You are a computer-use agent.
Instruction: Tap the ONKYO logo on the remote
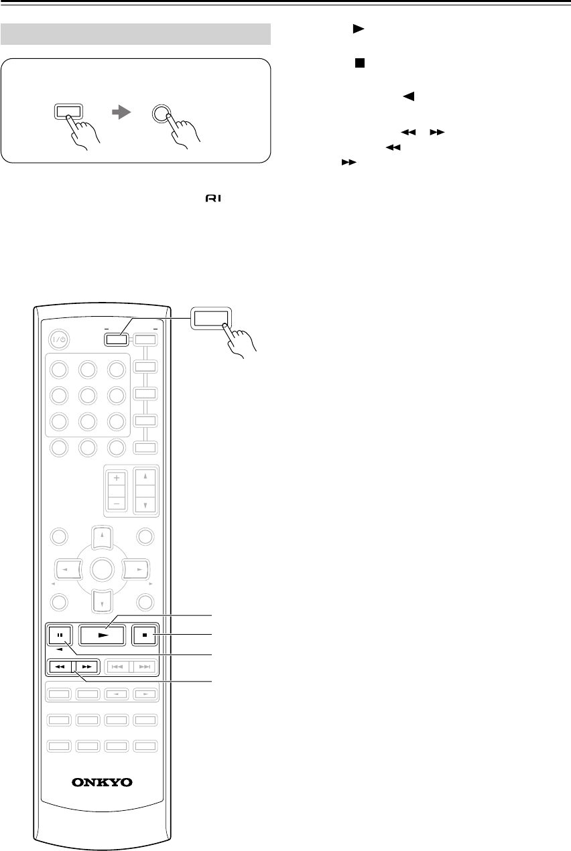click(x=103, y=781)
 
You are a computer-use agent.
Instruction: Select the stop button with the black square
click(x=145, y=634)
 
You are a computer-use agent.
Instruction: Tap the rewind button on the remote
click(x=60, y=667)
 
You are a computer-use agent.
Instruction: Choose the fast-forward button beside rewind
click(x=86, y=667)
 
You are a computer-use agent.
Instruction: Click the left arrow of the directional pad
click(x=65, y=570)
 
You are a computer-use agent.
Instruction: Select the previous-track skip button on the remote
click(x=118, y=667)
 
